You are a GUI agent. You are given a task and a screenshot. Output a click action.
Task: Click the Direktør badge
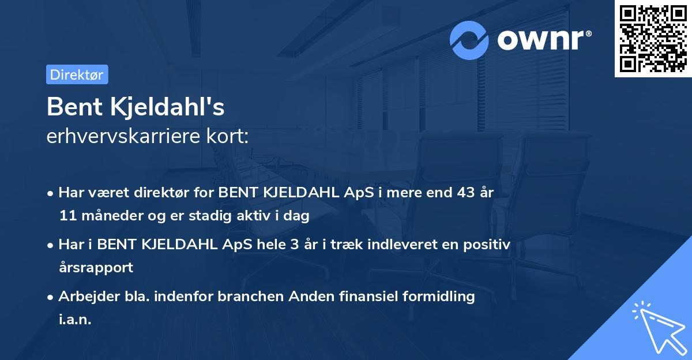[77, 74]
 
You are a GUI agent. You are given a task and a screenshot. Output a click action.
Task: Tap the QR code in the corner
[653, 39]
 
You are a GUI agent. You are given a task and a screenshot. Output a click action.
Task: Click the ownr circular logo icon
[469, 40]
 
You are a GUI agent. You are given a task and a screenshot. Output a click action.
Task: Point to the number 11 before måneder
[66, 216]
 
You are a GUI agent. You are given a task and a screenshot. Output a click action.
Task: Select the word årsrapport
[96, 268]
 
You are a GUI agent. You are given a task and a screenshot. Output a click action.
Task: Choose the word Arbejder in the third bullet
[84, 297]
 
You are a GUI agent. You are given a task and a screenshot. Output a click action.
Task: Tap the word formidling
[438, 297]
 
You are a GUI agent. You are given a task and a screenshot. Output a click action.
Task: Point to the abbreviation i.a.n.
[75, 320]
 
